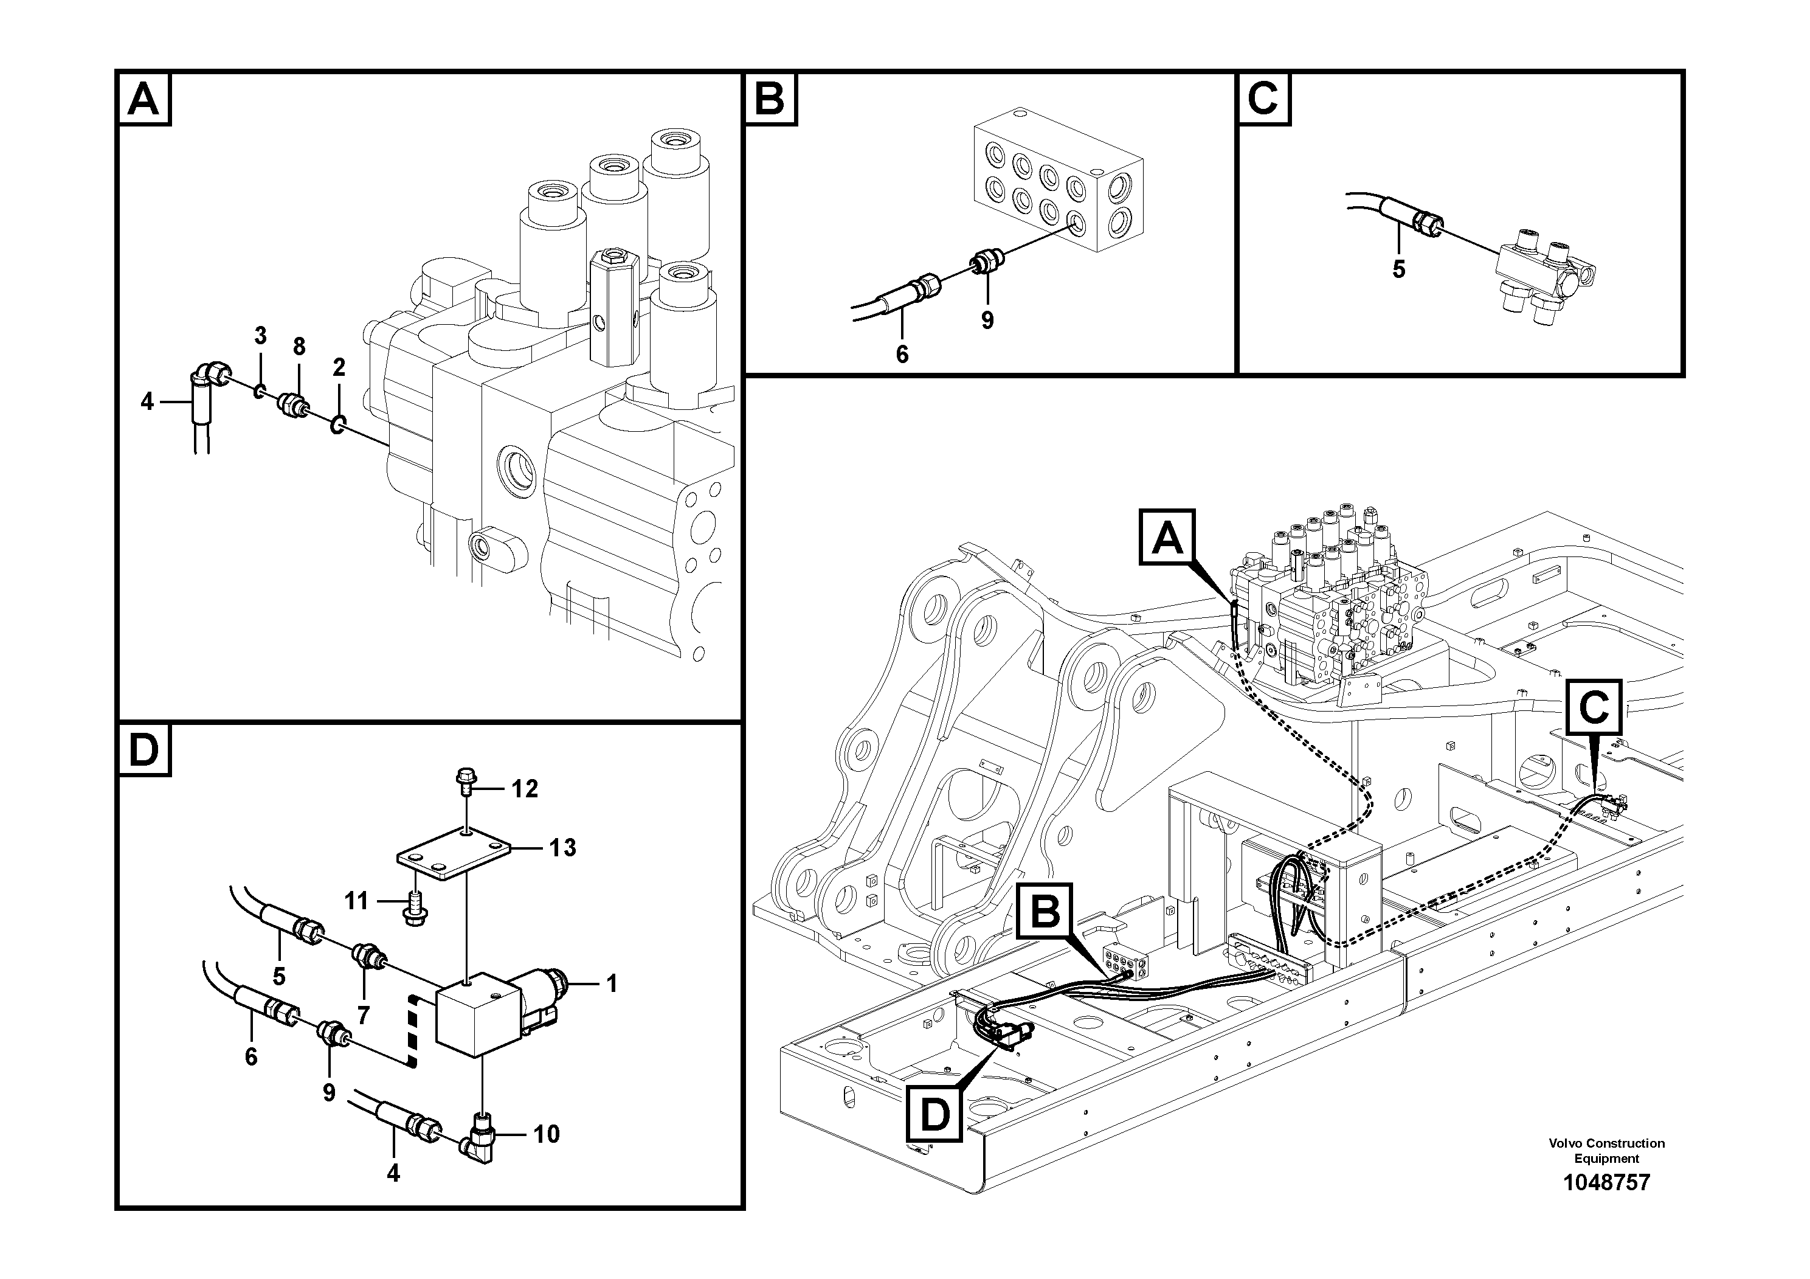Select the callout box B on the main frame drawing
[1045, 912]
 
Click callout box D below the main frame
[935, 1114]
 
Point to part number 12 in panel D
[525, 789]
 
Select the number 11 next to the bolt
[356, 901]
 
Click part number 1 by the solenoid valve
[611, 983]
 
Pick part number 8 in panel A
[299, 346]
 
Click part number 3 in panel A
[260, 336]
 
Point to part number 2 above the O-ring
[339, 367]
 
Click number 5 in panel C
[1398, 269]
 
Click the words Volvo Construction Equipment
[1606, 1151]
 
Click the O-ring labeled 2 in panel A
[337, 426]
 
